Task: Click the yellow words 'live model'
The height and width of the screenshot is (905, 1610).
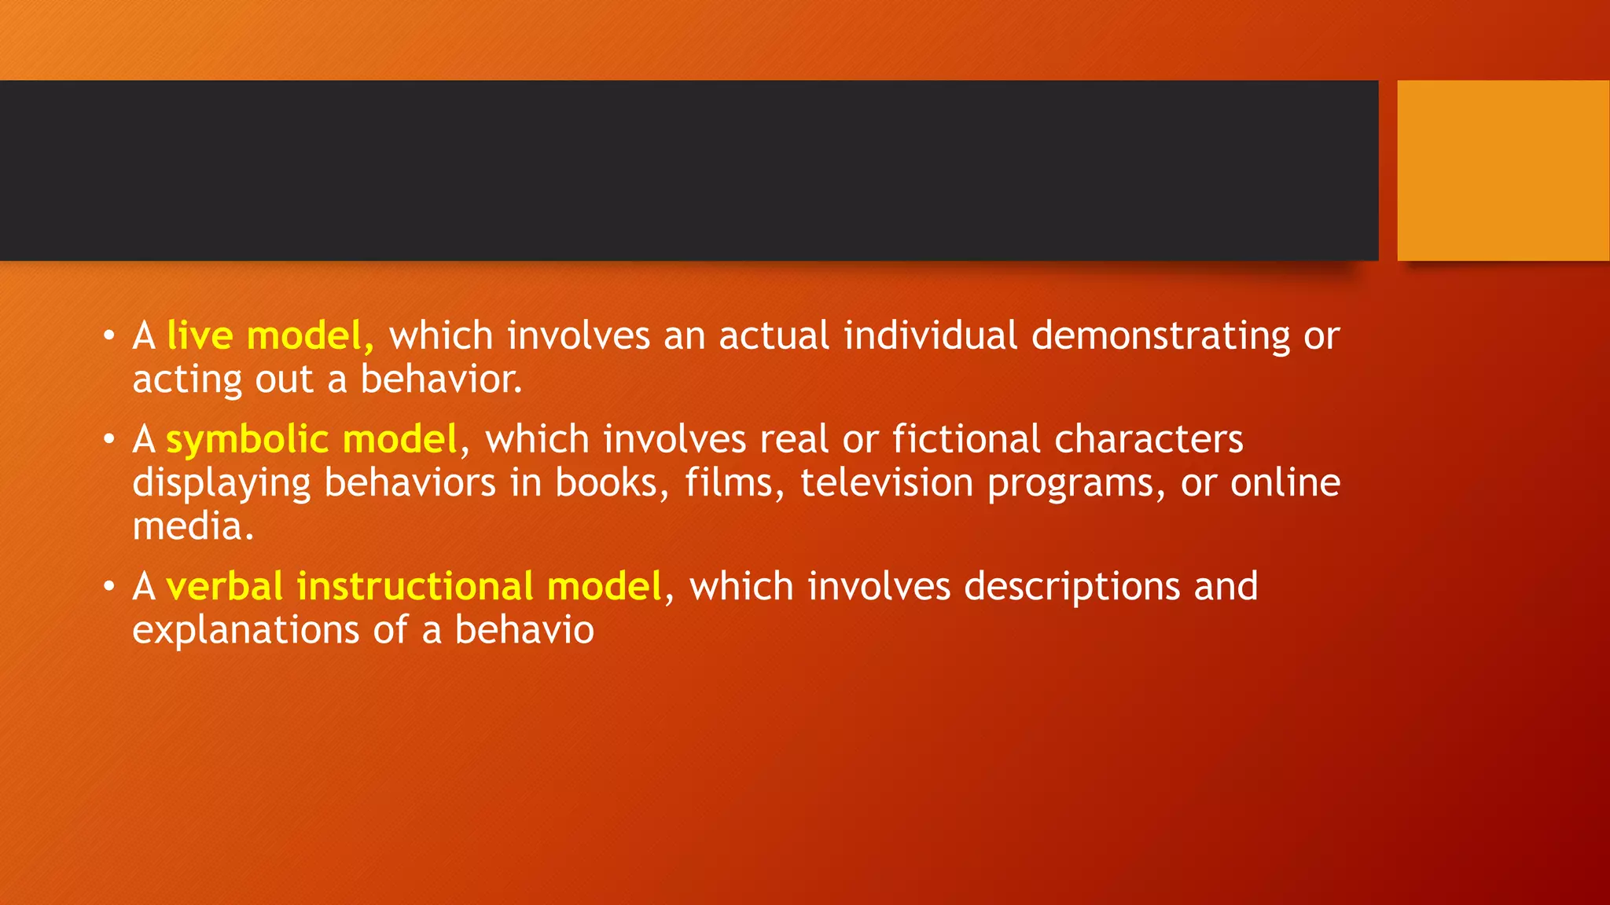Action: click(264, 336)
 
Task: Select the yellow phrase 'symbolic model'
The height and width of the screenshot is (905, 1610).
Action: click(311, 439)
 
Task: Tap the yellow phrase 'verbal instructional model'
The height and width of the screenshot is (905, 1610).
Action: click(414, 587)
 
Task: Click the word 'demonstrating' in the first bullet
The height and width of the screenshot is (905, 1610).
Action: click(1160, 336)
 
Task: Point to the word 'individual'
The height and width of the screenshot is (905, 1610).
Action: click(931, 336)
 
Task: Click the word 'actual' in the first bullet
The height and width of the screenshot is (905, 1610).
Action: click(774, 336)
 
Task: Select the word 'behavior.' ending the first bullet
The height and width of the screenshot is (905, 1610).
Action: click(441, 379)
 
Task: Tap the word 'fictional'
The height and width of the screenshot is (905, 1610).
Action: click(967, 439)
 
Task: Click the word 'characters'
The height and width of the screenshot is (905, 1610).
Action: click(1149, 439)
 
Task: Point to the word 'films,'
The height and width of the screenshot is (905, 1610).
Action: click(734, 483)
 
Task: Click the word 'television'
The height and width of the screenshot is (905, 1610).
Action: click(887, 483)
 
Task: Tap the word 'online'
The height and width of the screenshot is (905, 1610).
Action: click(1285, 483)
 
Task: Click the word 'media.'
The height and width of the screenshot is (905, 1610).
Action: click(193, 526)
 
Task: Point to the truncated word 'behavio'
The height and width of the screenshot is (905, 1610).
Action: click(524, 630)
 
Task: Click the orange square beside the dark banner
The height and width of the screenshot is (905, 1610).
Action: click(1503, 170)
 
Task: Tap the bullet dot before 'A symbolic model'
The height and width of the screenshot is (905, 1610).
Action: click(109, 440)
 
